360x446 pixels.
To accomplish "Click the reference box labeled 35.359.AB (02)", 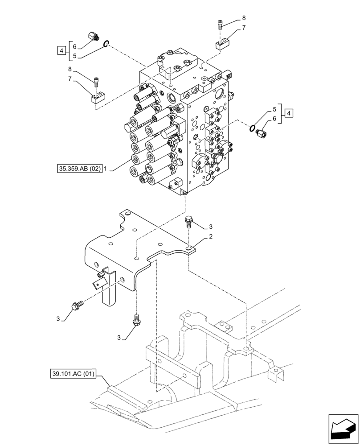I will (79, 169).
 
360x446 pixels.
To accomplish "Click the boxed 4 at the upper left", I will (61, 50).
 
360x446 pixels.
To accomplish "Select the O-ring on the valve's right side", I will (253, 128).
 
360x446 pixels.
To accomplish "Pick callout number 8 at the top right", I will (244, 18).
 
